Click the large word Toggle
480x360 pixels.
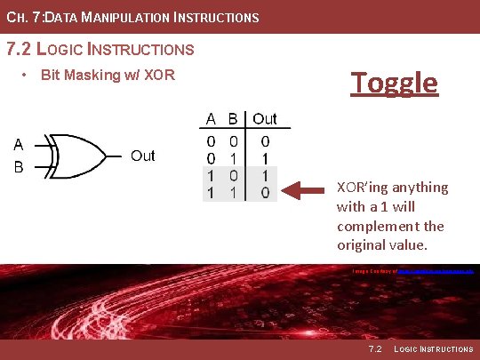(x=394, y=83)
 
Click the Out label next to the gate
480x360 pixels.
(x=142, y=156)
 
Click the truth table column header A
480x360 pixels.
(x=212, y=118)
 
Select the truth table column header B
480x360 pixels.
(x=233, y=118)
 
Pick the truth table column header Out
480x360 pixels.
(x=265, y=118)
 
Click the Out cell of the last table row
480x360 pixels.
(x=265, y=191)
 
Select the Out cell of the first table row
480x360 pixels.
(x=265, y=140)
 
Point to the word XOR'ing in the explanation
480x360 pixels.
(x=363, y=188)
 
